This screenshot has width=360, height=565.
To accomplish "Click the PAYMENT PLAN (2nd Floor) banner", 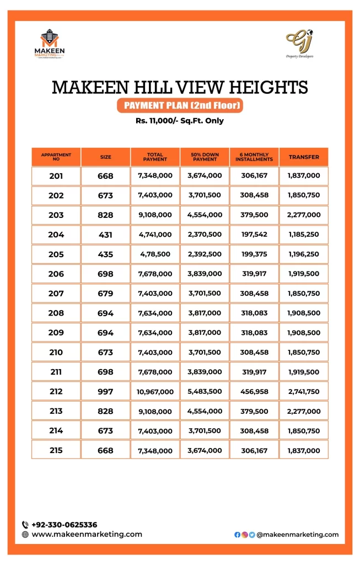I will click(180, 105).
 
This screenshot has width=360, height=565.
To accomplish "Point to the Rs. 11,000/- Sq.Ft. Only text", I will click(180, 121).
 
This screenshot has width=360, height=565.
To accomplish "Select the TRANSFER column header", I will click(304, 157).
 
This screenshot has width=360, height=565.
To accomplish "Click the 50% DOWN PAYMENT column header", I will click(205, 157).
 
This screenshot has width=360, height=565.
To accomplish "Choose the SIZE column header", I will click(105, 157).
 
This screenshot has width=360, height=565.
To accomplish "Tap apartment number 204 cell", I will click(56, 234).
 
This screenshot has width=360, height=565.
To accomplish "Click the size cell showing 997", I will click(105, 392).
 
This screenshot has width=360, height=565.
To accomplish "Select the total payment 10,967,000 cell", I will click(155, 392).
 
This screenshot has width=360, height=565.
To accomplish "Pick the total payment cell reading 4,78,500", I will click(155, 254).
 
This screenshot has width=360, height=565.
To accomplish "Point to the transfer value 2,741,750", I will click(304, 392).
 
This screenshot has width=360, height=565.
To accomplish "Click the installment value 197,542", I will click(254, 234).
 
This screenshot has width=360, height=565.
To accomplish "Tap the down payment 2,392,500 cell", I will click(205, 254).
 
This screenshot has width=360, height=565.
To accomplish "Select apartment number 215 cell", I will click(56, 451).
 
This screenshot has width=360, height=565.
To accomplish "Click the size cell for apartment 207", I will click(105, 294).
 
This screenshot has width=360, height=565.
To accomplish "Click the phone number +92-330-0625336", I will click(64, 525).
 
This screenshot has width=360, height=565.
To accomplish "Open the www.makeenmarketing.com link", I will click(87, 534).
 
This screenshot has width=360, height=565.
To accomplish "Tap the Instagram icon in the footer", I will click(244, 535).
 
